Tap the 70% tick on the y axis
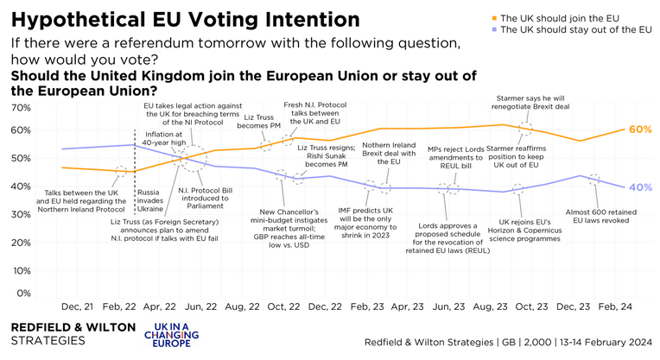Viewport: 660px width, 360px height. pyautogui.click(x=21, y=107)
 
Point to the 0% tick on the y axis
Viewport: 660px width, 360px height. pyautogui.click(x=24, y=294)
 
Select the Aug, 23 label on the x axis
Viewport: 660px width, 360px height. pyautogui.click(x=487, y=307)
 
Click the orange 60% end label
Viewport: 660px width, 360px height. pyautogui.click(x=640, y=129)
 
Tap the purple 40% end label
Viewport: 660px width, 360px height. pyautogui.click(x=640, y=186)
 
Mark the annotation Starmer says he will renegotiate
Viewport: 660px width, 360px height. pyautogui.click(x=541, y=104)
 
